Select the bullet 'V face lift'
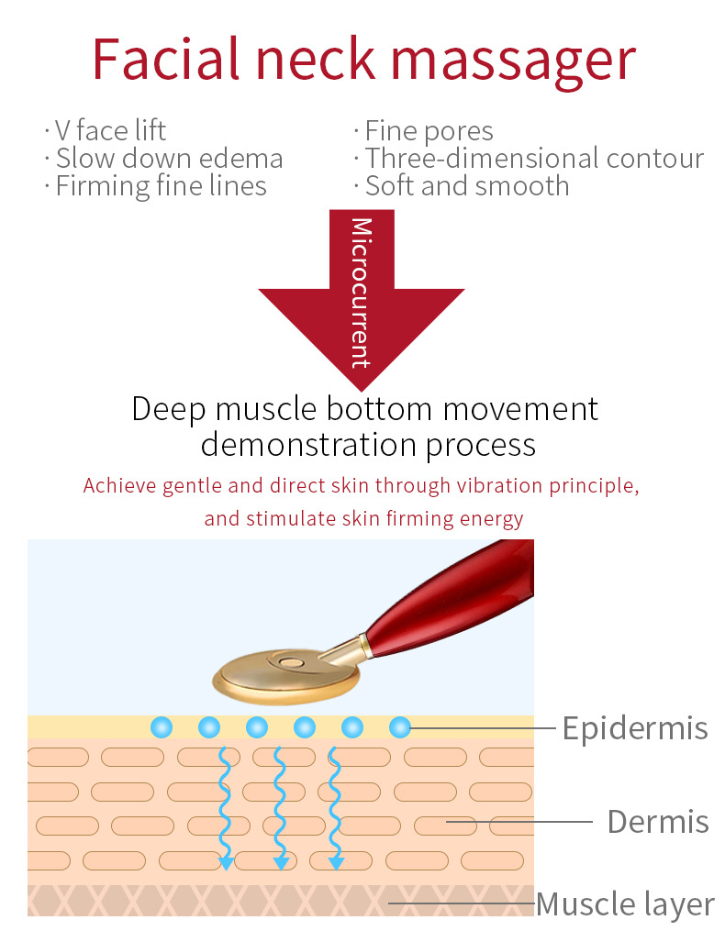[110, 131]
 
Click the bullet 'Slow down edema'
[169, 159]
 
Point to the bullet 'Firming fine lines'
[161, 186]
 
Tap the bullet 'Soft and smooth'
[467, 186]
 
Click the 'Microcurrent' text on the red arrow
[362, 292]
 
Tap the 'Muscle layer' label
[625, 904]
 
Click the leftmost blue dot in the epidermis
[162, 727]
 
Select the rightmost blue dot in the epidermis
[399, 727]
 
